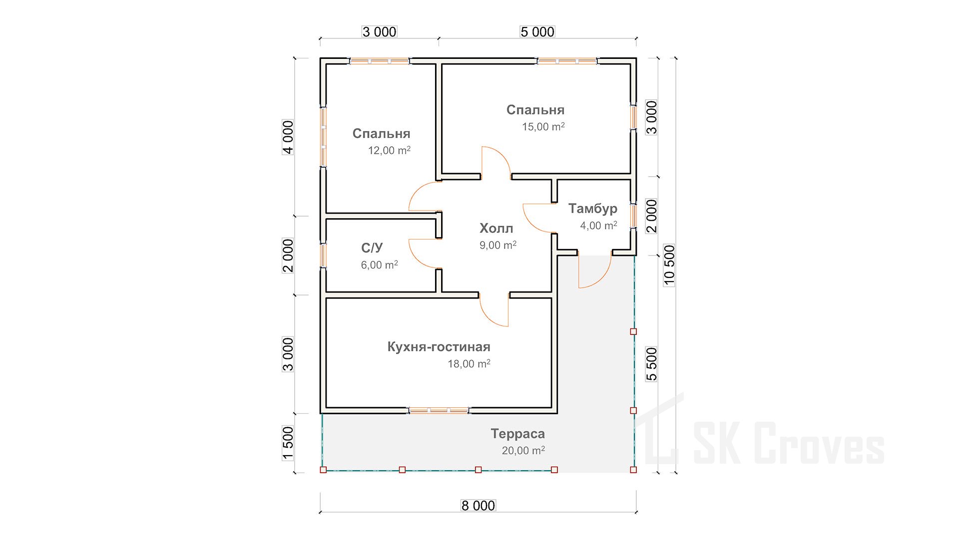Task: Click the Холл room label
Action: click(x=496, y=229)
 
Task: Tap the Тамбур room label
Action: click(x=592, y=209)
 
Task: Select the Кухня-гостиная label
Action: click(x=439, y=347)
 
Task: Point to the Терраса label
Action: click(x=517, y=434)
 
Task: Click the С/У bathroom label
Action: click(x=372, y=248)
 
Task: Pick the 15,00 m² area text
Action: click(x=543, y=127)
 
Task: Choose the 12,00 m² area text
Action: click(x=389, y=150)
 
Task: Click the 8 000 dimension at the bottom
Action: click(x=478, y=506)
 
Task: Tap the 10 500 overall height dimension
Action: click(x=669, y=265)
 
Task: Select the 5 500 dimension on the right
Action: click(x=652, y=364)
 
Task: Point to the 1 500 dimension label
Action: click(x=288, y=443)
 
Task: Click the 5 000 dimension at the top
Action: click(x=537, y=32)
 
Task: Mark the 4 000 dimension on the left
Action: click(x=288, y=137)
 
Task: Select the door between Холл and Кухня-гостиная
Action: click(x=494, y=310)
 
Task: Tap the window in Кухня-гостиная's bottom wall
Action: click(x=439, y=410)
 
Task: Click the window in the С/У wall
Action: click(x=323, y=255)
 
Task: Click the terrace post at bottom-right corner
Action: click(x=633, y=470)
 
